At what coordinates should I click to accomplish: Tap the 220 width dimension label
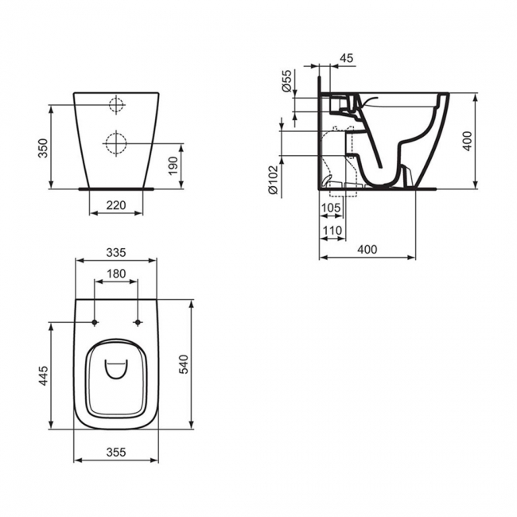(116, 204)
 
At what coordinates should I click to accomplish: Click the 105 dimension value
(332, 208)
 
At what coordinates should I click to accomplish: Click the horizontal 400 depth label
(367, 250)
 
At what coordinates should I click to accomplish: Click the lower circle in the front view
(116, 143)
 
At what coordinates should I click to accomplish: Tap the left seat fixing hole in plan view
(95, 322)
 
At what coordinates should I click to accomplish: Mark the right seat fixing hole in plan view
(138, 322)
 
